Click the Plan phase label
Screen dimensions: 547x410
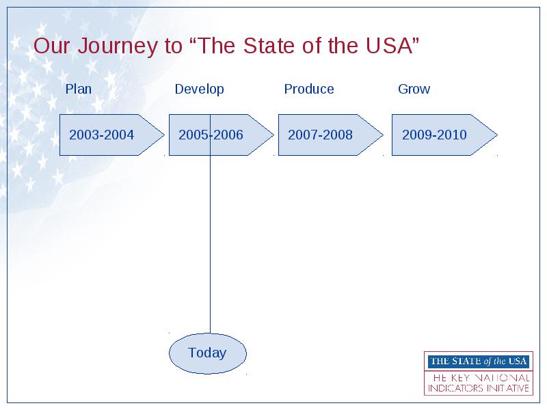click(x=79, y=90)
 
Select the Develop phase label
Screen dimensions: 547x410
click(x=199, y=90)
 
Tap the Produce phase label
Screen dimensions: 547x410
click(x=309, y=90)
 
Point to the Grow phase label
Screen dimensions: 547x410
click(x=414, y=90)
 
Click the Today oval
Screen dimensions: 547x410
click(x=208, y=353)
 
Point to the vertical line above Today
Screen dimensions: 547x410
click(x=210, y=223)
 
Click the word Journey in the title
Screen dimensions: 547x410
click(x=118, y=46)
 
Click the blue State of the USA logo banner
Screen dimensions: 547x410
click(x=478, y=361)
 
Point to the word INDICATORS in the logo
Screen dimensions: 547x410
click(x=452, y=388)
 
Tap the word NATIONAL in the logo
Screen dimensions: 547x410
click(x=502, y=378)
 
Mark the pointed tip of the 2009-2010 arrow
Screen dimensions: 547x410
click(x=498, y=135)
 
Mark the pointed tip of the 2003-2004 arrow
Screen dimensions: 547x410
click(x=164, y=135)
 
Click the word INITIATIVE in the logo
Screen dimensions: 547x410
click(x=505, y=388)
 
